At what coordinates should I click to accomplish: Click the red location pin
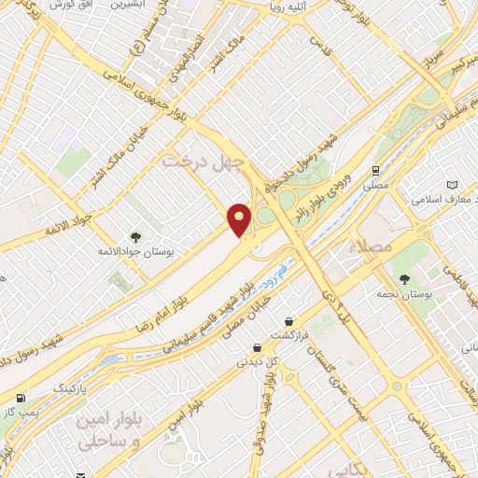240,219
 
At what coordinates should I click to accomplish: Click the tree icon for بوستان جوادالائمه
135,237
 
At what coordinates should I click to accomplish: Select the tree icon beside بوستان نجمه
404,279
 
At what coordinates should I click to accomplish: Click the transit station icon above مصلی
375,171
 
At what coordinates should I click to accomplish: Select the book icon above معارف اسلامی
454,185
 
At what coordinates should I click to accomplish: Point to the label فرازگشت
288,334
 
